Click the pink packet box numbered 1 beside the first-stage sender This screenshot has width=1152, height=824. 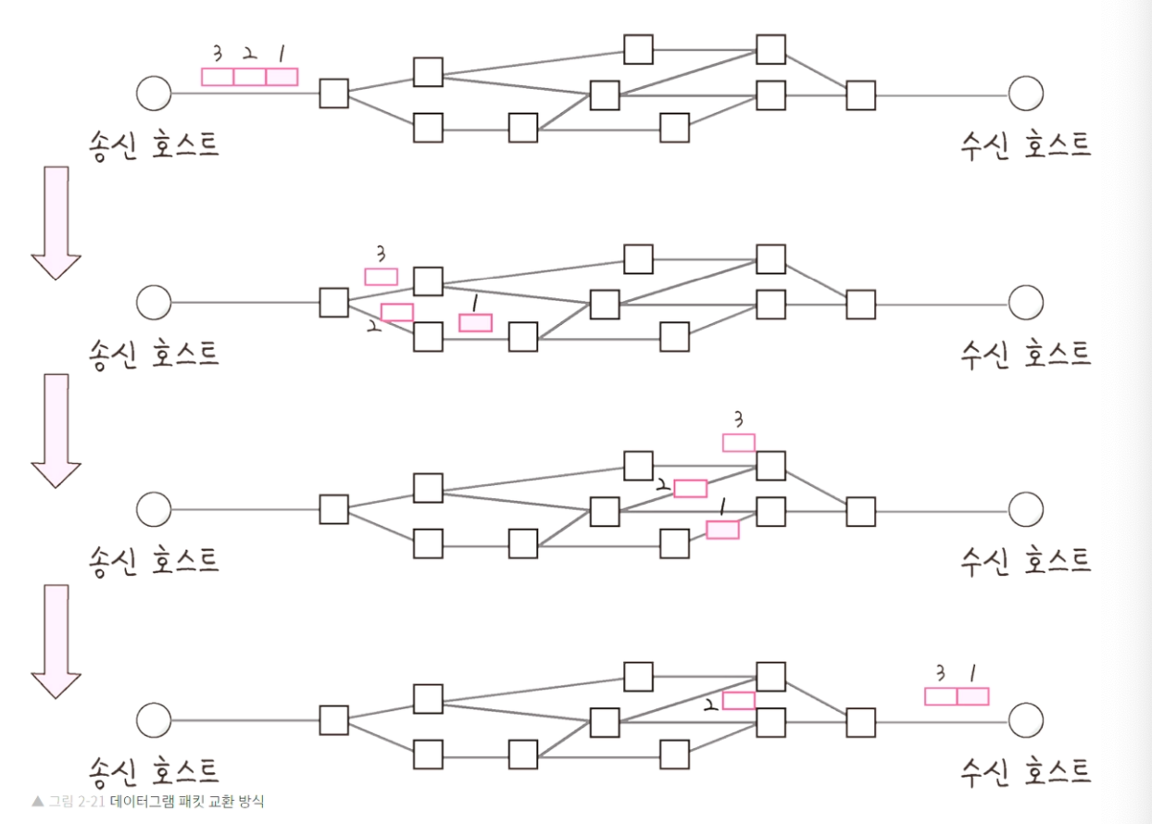(x=282, y=77)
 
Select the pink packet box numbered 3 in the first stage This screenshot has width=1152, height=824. (x=218, y=77)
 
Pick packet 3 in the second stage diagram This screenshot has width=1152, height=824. (x=381, y=276)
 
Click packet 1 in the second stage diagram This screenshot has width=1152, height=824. (x=475, y=322)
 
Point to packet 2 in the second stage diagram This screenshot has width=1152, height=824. (x=396, y=312)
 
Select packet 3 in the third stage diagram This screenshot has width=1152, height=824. (x=738, y=443)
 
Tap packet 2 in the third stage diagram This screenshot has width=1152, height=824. (x=690, y=488)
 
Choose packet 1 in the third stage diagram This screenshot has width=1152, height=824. (x=722, y=530)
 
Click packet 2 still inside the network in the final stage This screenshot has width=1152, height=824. (x=738, y=700)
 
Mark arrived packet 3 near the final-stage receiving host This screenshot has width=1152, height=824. (x=941, y=696)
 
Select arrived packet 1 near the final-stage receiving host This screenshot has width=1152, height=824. (x=972, y=696)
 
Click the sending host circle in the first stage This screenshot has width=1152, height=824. (x=153, y=94)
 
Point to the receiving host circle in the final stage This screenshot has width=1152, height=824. (x=1025, y=719)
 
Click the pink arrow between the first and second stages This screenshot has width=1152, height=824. (x=56, y=222)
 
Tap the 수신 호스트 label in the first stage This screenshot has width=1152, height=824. (x=1025, y=144)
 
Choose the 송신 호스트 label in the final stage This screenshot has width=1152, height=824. (x=154, y=769)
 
